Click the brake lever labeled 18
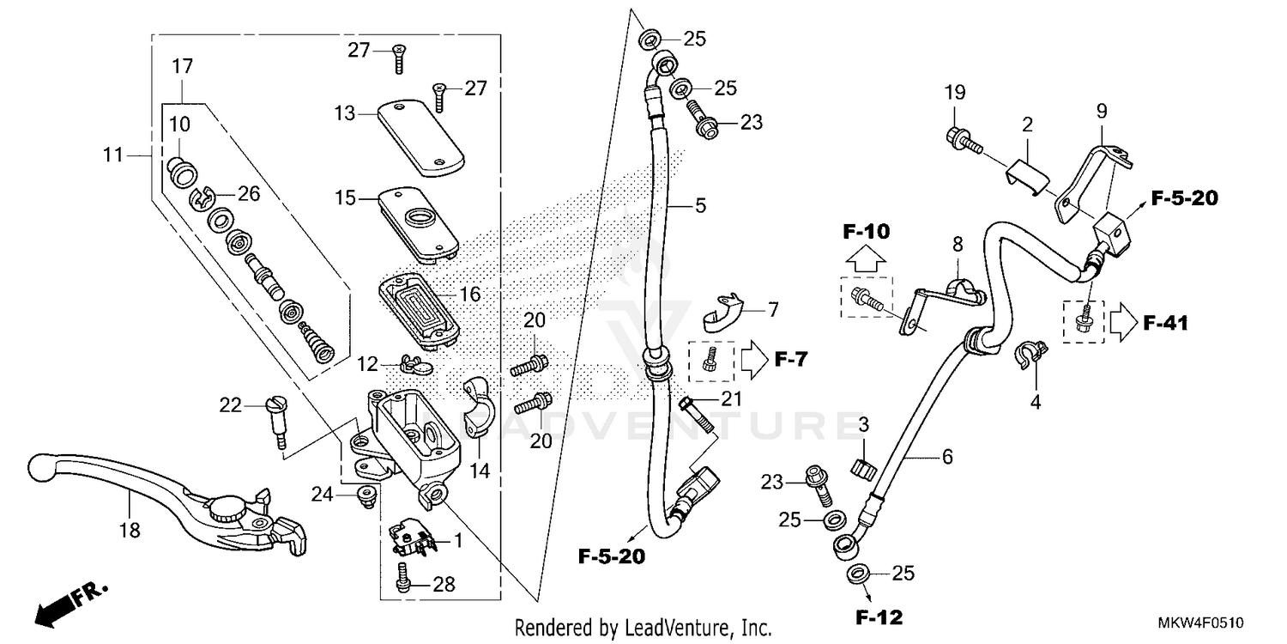[x=172, y=498]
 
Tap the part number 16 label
[x=469, y=295]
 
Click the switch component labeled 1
[x=410, y=538]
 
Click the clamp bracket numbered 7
[x=719, y=313]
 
